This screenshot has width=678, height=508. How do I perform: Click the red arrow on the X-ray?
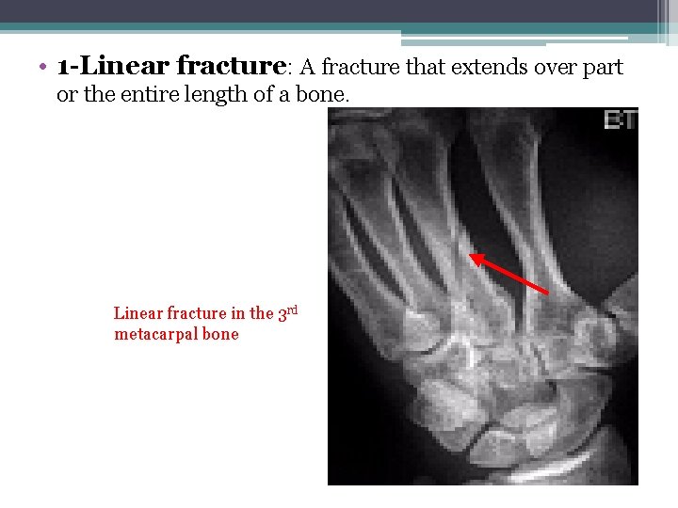[x=509, y=274]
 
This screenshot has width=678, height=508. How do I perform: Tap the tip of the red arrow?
[x=471, y=253]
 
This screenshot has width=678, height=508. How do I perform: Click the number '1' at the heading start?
[x=62, y=68]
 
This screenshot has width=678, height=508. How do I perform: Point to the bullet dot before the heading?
[x=43, y=69]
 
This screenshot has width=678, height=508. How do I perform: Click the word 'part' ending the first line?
[x=604, y=69]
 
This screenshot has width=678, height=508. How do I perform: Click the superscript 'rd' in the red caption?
[x=292, y=310]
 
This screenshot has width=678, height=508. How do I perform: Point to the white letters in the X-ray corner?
[x=621, y=119]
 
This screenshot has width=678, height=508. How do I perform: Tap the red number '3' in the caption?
[x=282, y=314]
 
